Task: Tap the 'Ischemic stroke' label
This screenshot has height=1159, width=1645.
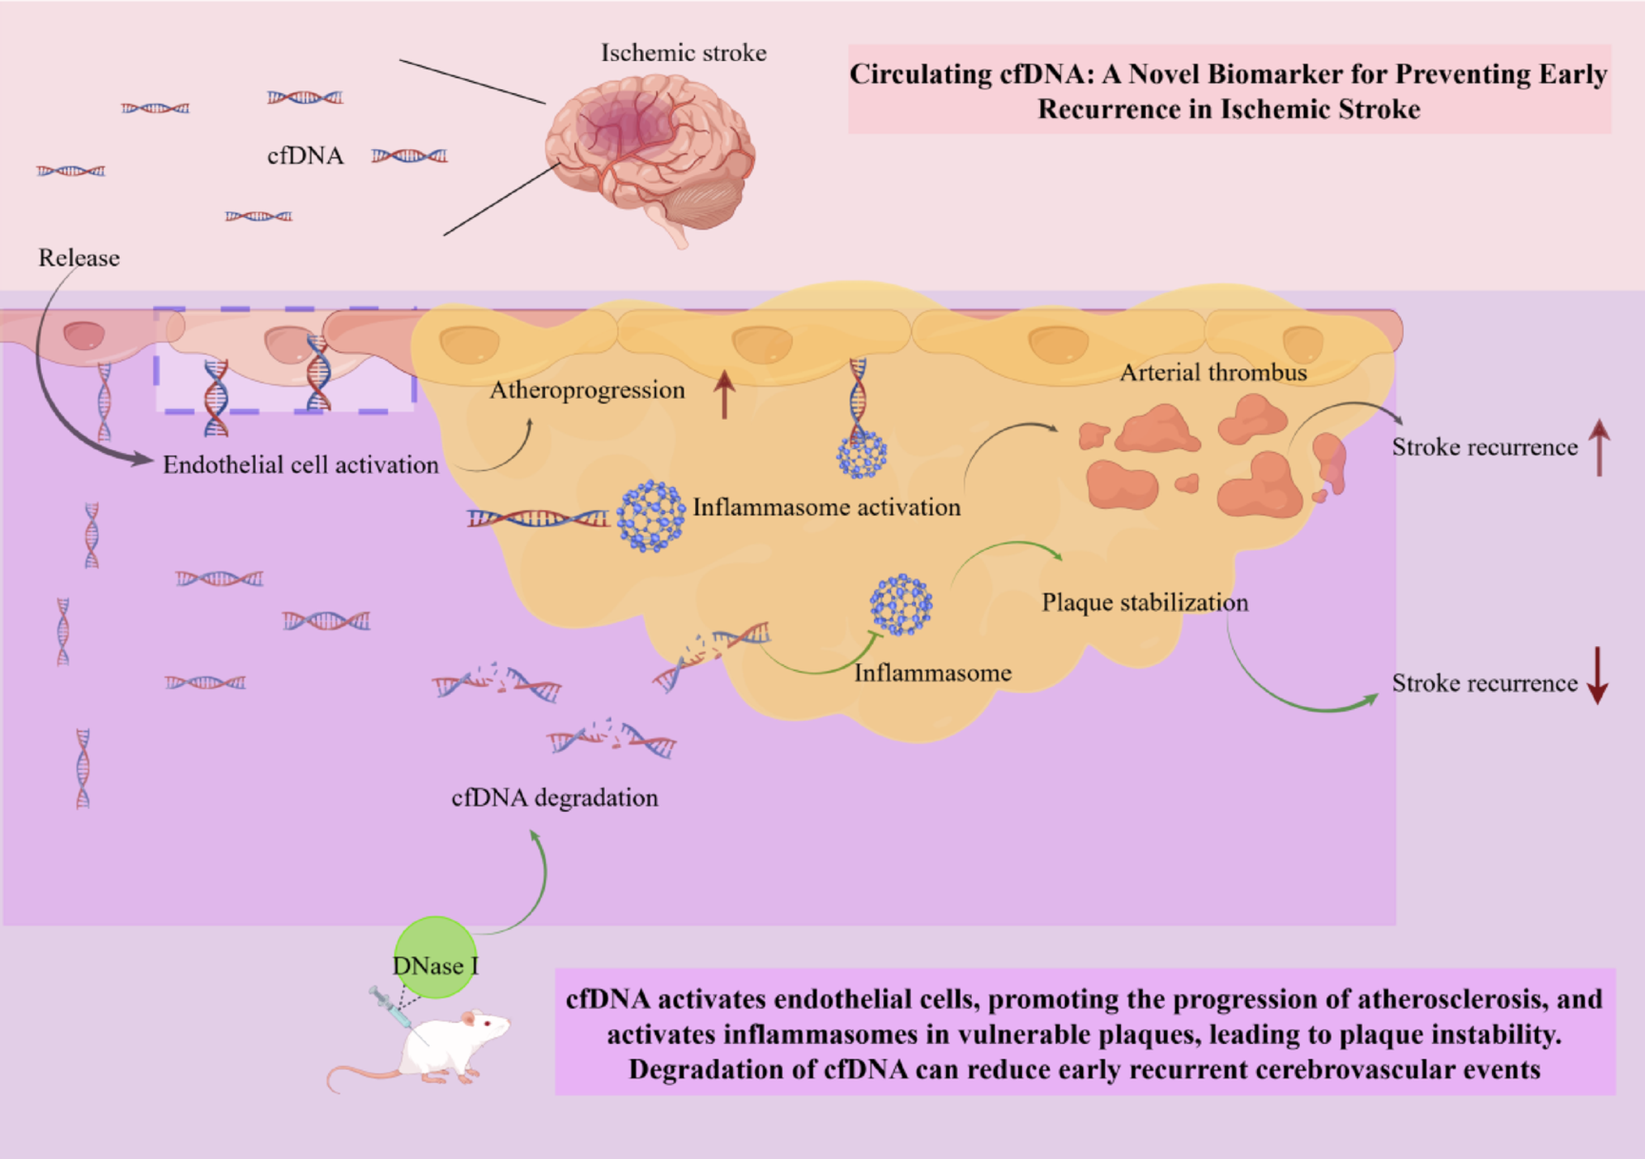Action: click(x=683, y=53)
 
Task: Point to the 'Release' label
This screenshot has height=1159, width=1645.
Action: click(x=79, y=258)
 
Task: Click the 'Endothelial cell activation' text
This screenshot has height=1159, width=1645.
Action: click(x=300, y=465)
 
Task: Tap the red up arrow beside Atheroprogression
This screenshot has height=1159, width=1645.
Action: click(x=724, y=394)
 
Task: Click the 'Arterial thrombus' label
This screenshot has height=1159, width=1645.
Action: click(x=1212, y=373)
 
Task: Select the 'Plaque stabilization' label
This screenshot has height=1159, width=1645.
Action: click(x=1144, y=603)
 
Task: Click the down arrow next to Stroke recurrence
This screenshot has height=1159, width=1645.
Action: click(x=1597, y=676)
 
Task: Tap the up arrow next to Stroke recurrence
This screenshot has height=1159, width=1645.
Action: click(x=1599, y=447)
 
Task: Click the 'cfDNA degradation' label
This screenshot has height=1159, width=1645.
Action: click(x=555, y=798)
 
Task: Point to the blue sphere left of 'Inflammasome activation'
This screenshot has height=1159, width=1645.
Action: click(x=650, y=516)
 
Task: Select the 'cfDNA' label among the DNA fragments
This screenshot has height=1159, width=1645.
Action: click(x=305, y=156)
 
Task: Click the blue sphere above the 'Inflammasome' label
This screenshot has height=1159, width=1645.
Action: click(x=901, y=605)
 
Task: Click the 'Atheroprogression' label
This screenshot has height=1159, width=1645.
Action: click(x=587, y=391)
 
